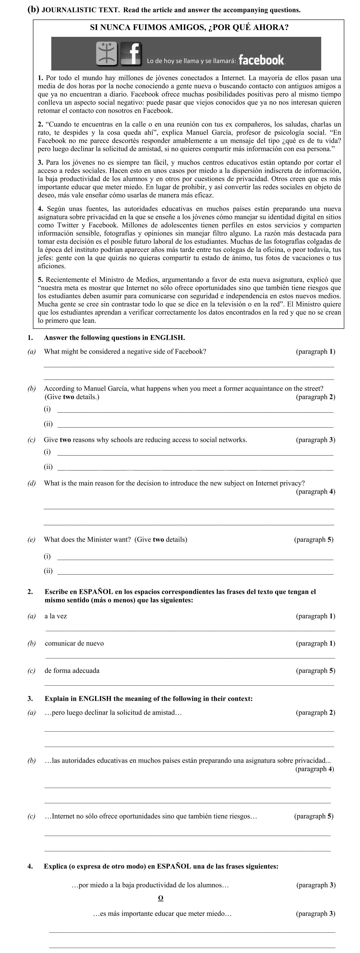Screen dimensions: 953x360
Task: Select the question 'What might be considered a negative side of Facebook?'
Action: (125, 351)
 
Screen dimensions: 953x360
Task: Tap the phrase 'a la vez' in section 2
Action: (56, 616)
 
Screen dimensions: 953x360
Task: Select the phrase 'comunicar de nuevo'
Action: (74, 643)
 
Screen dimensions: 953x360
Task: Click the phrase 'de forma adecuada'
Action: (72, 670)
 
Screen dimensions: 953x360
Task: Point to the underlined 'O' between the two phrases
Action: (161, 898)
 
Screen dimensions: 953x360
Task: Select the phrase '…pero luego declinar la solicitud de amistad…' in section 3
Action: (113, 712)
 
